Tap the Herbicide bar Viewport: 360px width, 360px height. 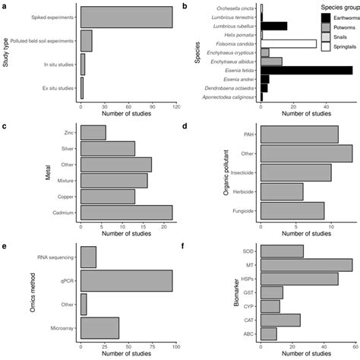click(282, 191)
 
